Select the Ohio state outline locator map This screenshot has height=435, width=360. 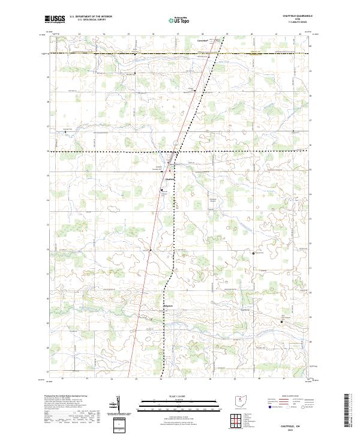(239, 401)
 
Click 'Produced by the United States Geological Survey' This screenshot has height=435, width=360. (65, 397)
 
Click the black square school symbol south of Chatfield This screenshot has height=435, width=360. (161, 190)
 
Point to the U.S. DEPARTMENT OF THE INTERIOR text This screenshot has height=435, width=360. (91, 16)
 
